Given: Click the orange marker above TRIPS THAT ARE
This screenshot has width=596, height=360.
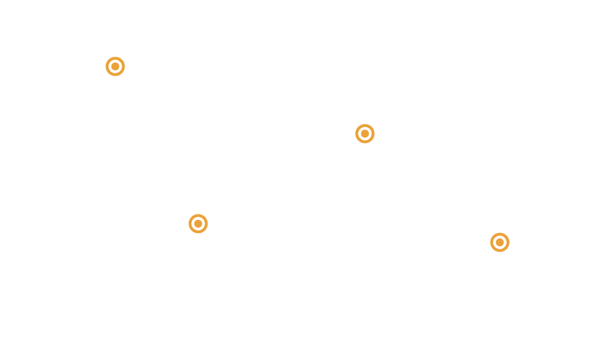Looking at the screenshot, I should pos(115,66).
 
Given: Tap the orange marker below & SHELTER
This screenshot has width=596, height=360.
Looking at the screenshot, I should pos(364,134).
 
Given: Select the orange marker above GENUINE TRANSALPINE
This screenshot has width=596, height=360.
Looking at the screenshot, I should pos(197,224).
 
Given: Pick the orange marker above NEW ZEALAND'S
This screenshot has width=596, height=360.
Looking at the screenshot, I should pos(499,242).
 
